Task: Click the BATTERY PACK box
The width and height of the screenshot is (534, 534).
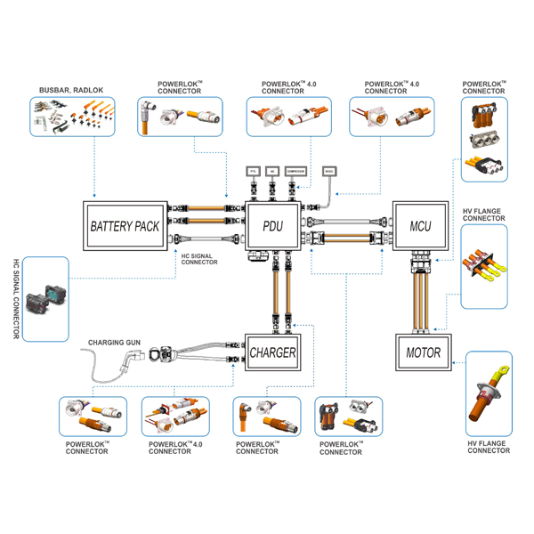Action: coord(125,226)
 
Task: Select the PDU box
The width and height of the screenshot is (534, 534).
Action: coord(273,226)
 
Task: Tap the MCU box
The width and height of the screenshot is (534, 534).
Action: coord(420,226)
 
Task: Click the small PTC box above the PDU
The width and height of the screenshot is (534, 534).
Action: coord(252,169)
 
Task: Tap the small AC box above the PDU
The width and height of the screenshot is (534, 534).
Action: coord(272,169)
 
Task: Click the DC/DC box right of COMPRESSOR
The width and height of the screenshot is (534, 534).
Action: coord(330,169)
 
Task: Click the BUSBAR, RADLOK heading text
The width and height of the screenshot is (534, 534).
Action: coord(71,91)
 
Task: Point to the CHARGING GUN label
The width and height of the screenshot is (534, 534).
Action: coord(113,342)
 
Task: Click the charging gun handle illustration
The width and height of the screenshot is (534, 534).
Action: coord(136,359)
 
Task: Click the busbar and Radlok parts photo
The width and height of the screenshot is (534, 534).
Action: coord(73,116)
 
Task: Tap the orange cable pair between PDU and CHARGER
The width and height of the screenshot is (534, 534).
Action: coord(279,290)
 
